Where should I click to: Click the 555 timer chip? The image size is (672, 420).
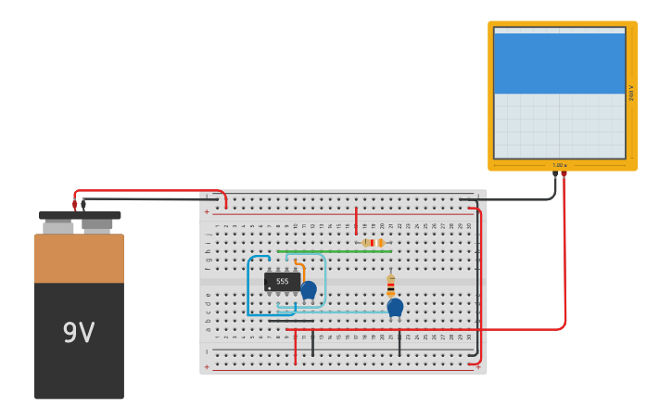282,281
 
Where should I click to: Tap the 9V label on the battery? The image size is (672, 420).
79,333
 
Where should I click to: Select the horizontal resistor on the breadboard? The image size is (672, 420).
373,243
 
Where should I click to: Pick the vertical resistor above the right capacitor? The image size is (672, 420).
390,285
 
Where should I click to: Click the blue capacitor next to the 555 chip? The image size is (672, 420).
309,290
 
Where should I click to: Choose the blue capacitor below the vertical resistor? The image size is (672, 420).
395,307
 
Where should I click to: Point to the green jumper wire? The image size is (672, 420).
334,251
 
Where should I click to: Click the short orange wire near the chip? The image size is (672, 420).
301,271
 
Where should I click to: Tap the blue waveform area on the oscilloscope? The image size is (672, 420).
559,63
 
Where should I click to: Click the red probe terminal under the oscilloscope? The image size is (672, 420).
564,173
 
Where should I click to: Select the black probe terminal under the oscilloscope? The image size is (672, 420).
555,173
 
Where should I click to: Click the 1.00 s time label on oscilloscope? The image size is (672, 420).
559,165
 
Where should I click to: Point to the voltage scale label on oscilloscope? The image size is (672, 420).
631,93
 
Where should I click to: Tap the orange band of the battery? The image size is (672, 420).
79,259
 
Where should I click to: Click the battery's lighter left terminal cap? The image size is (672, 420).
57,226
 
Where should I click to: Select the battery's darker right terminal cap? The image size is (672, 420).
96,224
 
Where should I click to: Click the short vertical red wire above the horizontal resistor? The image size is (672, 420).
356,221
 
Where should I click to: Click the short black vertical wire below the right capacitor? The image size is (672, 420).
399,342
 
